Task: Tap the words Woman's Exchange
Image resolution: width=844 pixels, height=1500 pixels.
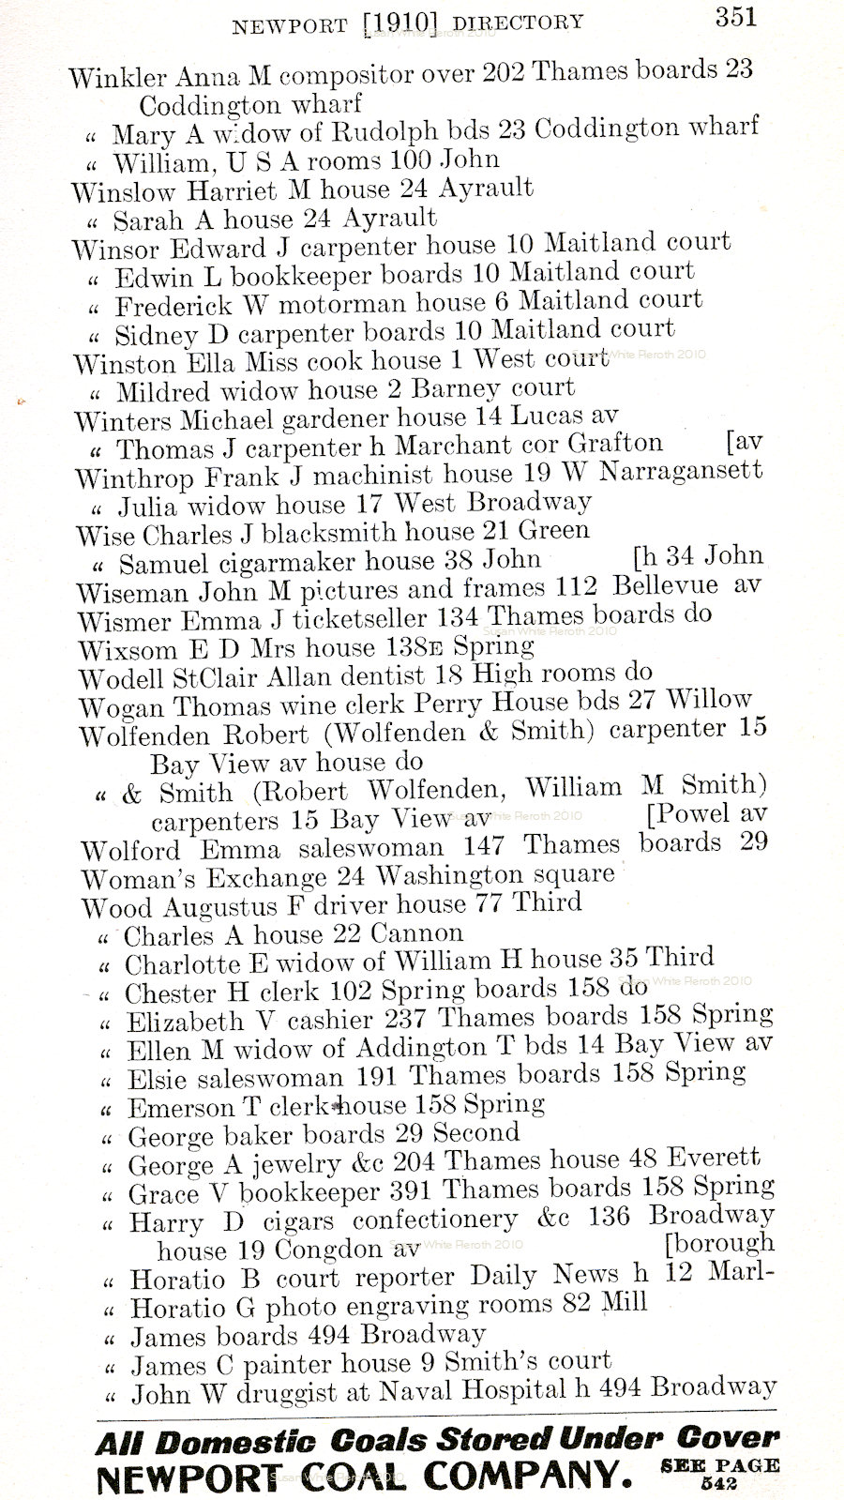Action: pos(203,878)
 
